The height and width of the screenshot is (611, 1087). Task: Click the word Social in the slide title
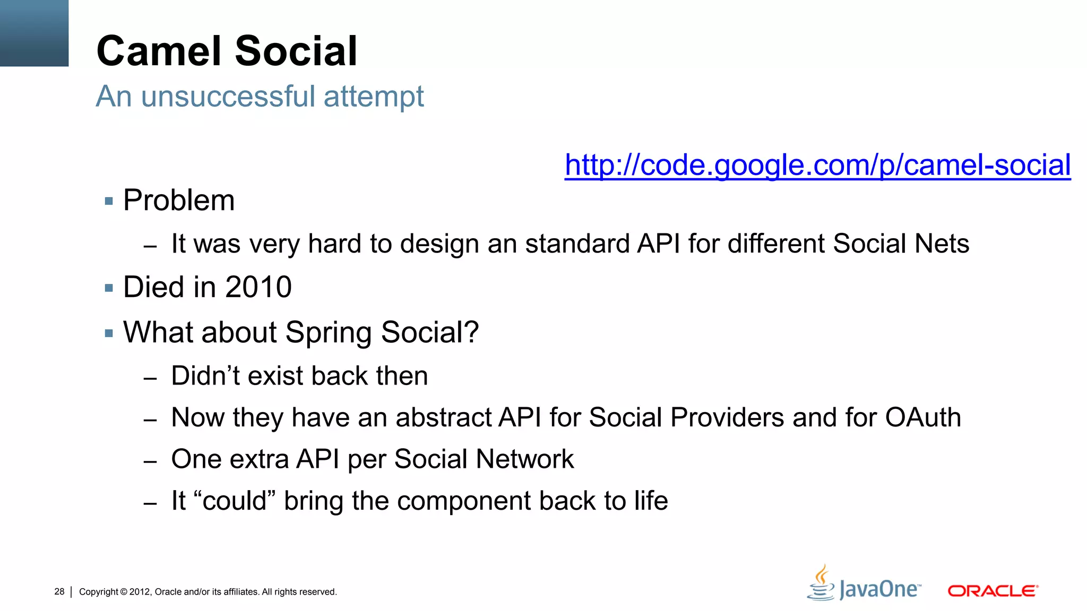(296, 51)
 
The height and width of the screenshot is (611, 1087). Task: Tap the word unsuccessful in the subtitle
(229, 97)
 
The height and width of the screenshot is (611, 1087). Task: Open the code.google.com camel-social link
(817, 165)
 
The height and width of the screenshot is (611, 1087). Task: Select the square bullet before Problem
(109, 202)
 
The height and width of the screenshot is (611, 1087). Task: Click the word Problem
(179, 200)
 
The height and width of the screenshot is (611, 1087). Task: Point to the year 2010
(258, 287)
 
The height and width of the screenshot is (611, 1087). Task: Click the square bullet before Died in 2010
(109, 289)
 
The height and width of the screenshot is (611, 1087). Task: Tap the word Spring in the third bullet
(329, 333)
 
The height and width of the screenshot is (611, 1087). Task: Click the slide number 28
(59, 591)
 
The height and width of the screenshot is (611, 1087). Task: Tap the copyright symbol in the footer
(124, 592)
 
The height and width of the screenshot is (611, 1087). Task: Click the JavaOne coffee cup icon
(821, 583)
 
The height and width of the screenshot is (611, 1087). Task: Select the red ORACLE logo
(993, 591)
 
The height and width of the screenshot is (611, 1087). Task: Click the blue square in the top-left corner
(34, 33)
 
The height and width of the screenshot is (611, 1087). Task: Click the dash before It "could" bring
(150, 503)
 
